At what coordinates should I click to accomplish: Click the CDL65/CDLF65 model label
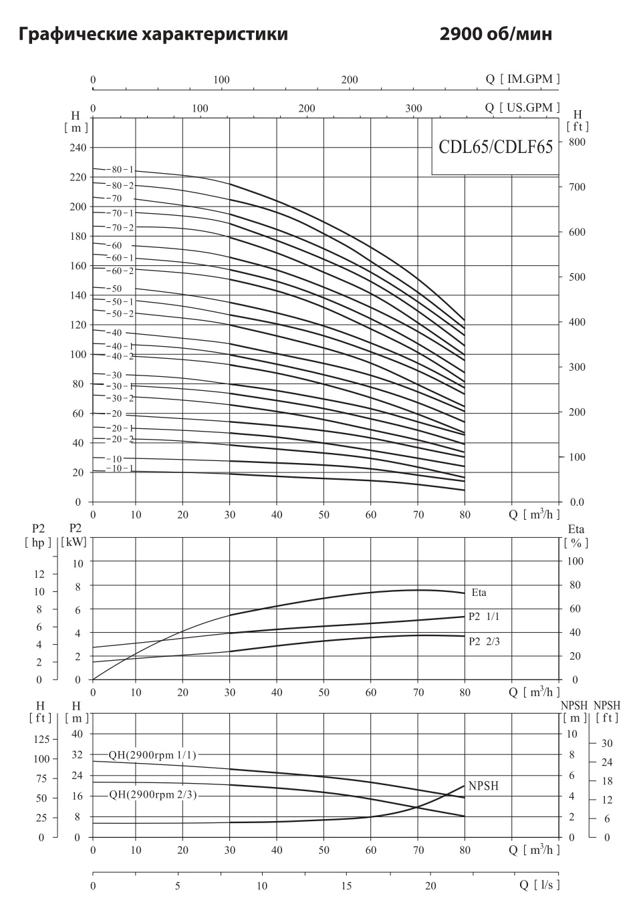coord(495,147)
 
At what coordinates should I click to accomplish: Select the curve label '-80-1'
coord(120,170)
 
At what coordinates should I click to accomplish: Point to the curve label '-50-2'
coord(120,313)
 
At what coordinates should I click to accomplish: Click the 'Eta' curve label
coord(479,592)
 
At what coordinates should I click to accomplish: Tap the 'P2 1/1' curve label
coord(484,617)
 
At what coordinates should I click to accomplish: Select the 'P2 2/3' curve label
coord(484,641)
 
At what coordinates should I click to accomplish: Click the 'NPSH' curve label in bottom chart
coord(483,786)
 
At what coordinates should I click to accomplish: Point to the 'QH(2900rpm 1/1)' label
coord(153,755)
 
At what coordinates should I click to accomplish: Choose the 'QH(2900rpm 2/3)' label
coord(153,794)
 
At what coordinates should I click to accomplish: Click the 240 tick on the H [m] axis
coord(78,148)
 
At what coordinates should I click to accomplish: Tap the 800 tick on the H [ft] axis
coord(576,142)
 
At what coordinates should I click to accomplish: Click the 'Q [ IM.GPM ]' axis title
coord(522,80)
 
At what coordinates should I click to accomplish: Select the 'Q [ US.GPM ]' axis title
coord(522,108)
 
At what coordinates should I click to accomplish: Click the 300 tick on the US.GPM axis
coord(414,109)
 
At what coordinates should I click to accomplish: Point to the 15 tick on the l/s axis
coord(346,886)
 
